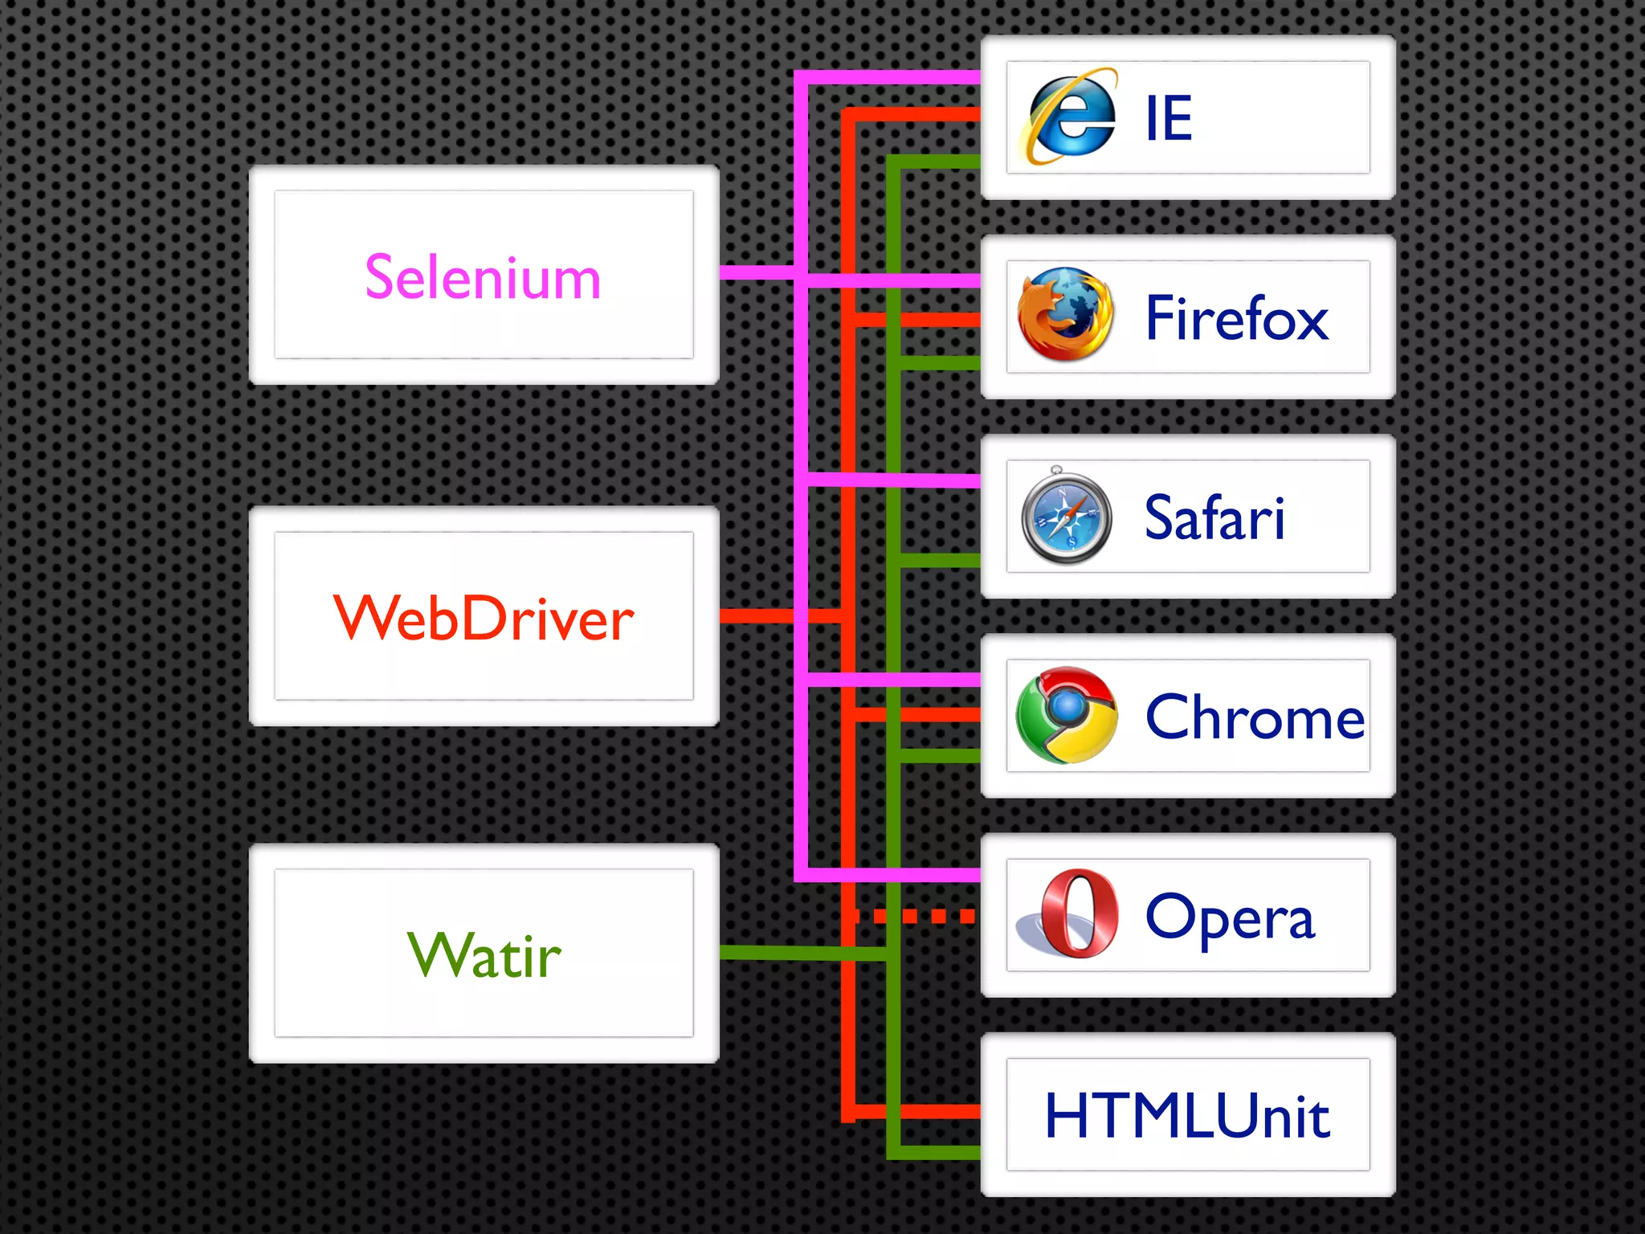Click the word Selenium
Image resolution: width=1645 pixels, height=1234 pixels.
483,277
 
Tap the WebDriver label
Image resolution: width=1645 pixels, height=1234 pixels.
484,618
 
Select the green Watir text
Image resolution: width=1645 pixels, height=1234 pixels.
484,955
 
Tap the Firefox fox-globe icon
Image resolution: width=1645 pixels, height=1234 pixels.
1066,315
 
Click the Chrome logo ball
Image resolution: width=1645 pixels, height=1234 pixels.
1067,715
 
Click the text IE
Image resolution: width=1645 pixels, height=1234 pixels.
1169,119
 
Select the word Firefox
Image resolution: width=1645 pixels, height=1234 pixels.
1237,318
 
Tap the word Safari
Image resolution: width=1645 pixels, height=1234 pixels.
1214,518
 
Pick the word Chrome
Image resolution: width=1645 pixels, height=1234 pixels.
1255,717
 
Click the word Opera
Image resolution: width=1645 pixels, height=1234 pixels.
1230,917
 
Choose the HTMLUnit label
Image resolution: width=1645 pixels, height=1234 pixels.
1187,1116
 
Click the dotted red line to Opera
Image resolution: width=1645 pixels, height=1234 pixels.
916,916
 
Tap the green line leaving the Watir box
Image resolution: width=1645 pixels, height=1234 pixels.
803,954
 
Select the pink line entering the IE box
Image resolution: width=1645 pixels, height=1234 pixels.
892,77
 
